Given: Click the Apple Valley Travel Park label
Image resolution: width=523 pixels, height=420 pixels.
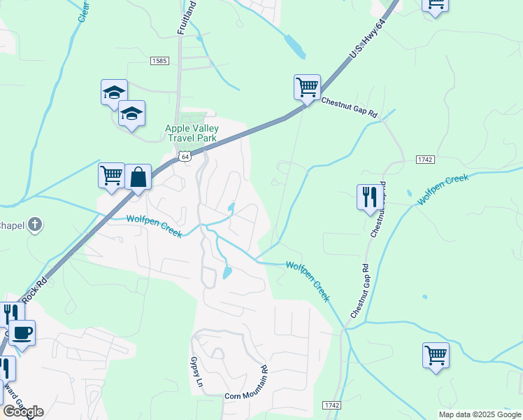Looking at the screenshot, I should [192, 133].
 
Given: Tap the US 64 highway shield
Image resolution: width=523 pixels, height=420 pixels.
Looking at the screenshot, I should [184, 157].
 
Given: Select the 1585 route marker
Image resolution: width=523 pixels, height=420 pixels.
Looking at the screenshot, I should [159, 62].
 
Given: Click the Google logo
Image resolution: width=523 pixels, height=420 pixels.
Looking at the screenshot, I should [23, 412].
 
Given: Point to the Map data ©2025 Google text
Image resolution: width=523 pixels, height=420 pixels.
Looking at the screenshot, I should [479, 414].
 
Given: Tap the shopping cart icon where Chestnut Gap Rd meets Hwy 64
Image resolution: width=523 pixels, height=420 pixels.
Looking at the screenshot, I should [307, 87].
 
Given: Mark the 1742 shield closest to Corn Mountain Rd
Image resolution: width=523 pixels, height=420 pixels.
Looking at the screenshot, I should [332, 405].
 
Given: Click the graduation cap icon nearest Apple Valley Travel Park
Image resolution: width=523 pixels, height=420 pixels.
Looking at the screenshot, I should [131, 114].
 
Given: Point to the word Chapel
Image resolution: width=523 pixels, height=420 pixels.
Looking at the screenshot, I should [12, 225].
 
